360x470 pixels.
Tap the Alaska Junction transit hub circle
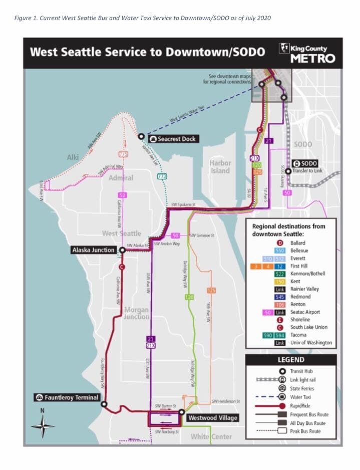pyautogui.click(x=122, y=250)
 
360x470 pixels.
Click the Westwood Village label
pyautogui.click(x=212, y=417)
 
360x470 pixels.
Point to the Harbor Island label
pyautogui.click(x=220, y=166)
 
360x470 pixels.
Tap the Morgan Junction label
pyautogui.click(x=136, y=313)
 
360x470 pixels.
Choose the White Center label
pyautogui.click(x=211, y=437)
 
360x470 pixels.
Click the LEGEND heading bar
pyautogui.click(x=291, y=360)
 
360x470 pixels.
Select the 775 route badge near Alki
pyautogui.click(x=123, y=153)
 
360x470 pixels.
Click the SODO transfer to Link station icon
pyautogui.click(x=297, y=163)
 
